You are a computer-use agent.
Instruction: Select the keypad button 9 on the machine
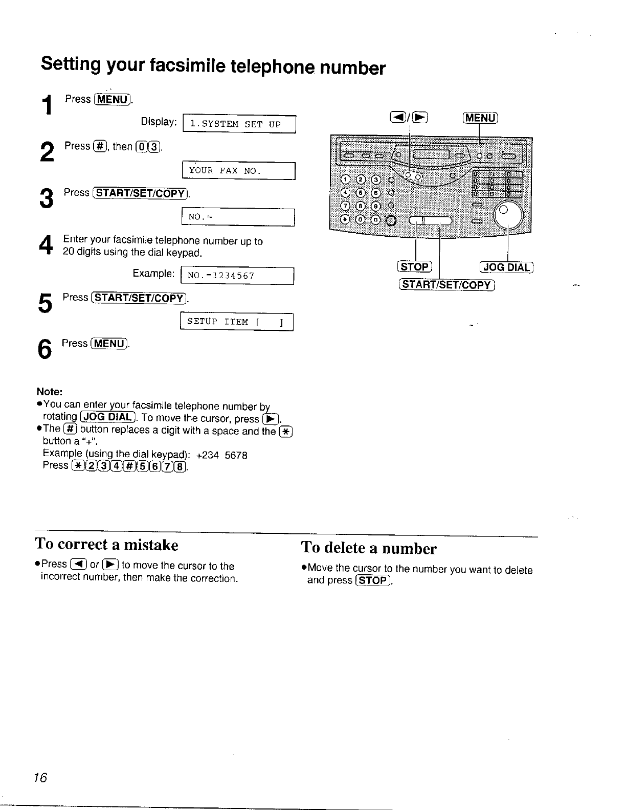tap(376, 207)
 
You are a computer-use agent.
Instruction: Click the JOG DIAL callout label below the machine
tap(506, 267)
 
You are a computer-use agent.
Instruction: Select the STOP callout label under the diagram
tap(415, 267)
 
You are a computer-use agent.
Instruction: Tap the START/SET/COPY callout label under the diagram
tap(446, 285)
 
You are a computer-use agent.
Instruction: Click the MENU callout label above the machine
tap(479, 118)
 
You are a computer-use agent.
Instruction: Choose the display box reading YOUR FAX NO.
tap(239, 171)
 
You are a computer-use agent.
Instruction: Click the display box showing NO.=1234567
tap(237, 276)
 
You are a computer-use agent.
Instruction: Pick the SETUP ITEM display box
tap(236, 322)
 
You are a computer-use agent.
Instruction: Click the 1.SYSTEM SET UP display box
tap(239, 124)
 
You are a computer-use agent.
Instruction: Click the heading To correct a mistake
tap(107, 545)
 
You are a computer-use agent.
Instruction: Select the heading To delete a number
tap(369, 548)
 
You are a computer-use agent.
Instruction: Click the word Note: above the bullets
tap(50, 392)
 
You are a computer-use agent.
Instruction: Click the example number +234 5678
tap(221, 455)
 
